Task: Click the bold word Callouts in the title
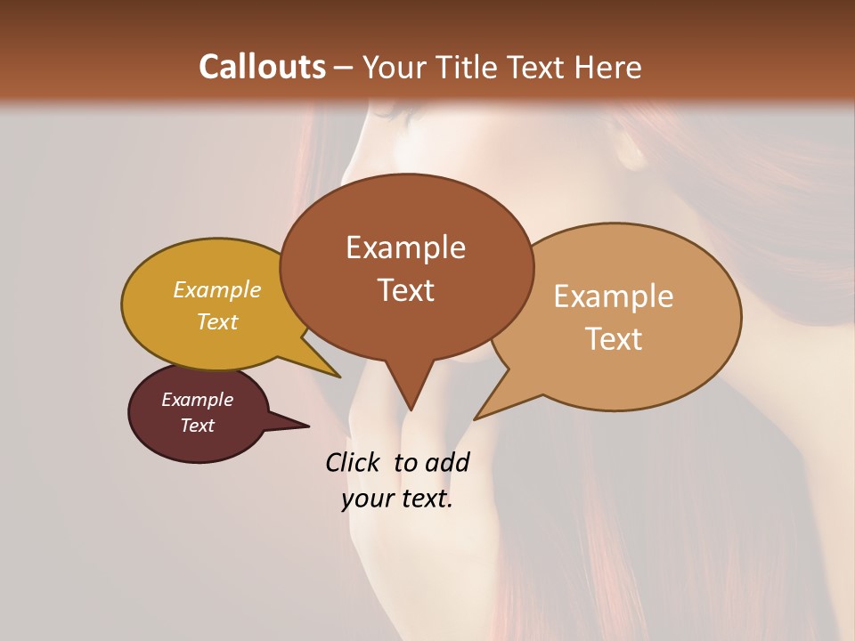click(262, 67)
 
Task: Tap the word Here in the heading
click(607, 67)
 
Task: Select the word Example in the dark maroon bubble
click(197, 400)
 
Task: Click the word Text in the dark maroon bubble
click(197, 426)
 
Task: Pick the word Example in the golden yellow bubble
click(217, 289)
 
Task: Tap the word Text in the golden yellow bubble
click(217, 321)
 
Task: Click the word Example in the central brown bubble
click(405, 247)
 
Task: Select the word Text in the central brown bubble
click(405, 290)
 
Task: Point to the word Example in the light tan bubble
click(614, 296)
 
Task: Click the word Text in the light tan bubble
click(614, 339)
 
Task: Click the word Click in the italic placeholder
click(353, 462)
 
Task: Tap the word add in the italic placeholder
click(448, 462)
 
